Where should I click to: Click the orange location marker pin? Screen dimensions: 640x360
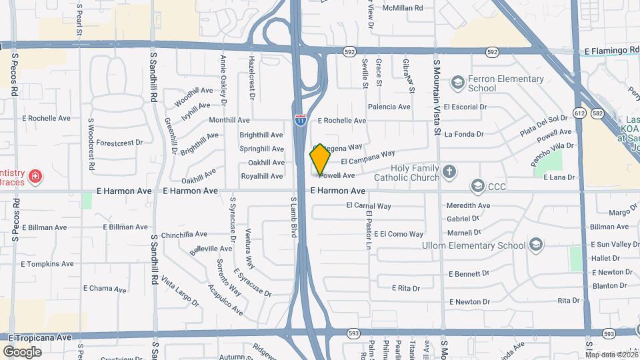pyautogui.click(x=320, y=159)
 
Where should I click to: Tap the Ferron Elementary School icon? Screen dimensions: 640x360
pyautogui.click(x=457, y=82)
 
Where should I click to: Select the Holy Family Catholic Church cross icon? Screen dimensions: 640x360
pyautogui.click(x=450, y=172)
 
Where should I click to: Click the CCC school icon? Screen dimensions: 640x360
pyautogui.click(x=477, y=185)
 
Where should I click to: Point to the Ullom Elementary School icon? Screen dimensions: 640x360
pyautogui.click(x=535, y=245)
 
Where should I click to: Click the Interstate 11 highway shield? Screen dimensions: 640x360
pyautogui.click(x=301, y=119)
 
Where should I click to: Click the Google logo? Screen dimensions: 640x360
pyautogui.click(x=23, y=351)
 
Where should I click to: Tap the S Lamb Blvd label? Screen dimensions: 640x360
pyautogui.click(x=293, y=217)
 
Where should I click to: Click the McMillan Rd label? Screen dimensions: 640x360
pyautogui.click(x=403, y=8)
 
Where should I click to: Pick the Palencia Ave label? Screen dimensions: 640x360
pyautogui.click(x=389, y=107)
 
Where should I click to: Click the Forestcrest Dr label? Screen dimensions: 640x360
pyautogui.click(x=119, y=143)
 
